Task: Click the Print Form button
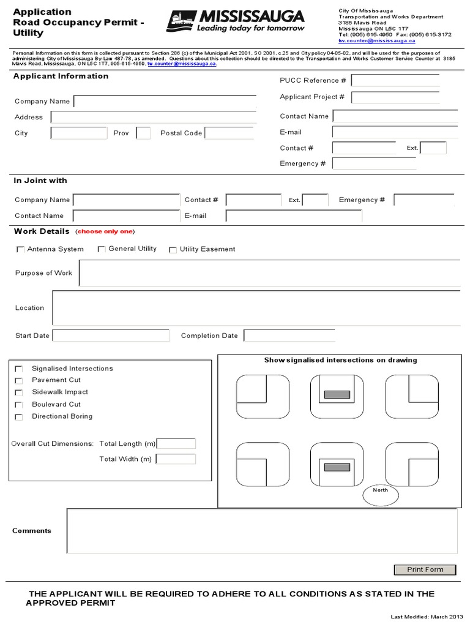425,569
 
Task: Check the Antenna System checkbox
20,250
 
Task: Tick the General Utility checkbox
102,249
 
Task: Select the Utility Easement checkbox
173,250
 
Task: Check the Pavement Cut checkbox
19,381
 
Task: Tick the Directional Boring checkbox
19,417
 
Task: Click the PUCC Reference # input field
395,80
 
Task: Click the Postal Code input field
229,133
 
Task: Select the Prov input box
143,133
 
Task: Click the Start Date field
111,336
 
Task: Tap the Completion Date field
289,336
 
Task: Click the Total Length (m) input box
176,443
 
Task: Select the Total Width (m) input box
176,459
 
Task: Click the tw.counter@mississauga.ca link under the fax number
377,41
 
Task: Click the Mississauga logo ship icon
181,21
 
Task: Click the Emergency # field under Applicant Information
374,163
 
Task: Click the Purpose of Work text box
269,273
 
